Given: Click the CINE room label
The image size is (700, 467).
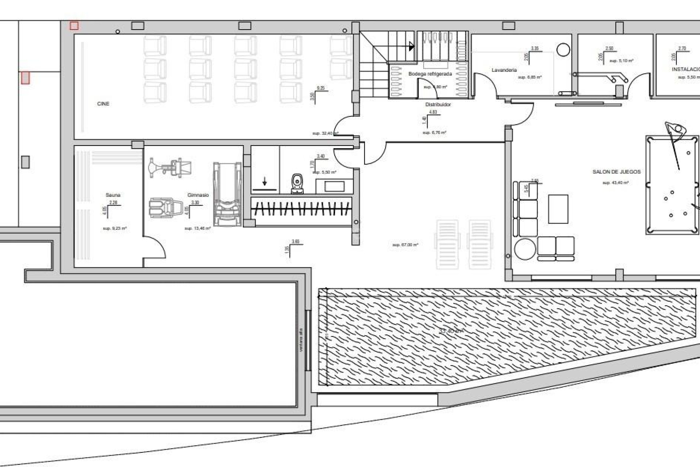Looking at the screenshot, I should pyautogui.click(x=103, y=104).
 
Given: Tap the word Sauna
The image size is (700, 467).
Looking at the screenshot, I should pyautogui.click(x=113, y=195).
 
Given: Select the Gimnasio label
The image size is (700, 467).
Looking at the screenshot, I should pyautogui.click(x=198, y=195).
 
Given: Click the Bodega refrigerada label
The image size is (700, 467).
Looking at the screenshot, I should pyautogui.click(x=430, y=74).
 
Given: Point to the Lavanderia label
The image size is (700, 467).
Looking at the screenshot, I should pyautogui.click(x=504, y=70).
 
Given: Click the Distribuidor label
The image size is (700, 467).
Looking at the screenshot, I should pyautogui.click(x=438, y=105).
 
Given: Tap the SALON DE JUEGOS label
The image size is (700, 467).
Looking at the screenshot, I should pyautogui.click(x=617, y=172).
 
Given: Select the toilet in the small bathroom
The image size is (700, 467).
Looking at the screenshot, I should pyautogui.click(x=297, y=184).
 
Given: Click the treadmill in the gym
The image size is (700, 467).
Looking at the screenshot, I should pyautogui.click(x=227, y=194).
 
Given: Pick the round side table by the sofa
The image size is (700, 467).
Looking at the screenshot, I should pyautogui.click(x=525, y=248).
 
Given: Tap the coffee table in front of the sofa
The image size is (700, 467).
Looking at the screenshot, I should pyautogui.click(x=558, y=209).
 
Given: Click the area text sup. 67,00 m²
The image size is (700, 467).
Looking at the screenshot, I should pyautogui.click(x=405, y=245).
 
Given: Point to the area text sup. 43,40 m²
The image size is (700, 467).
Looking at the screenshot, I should pyautogui.click(x=615, y=183).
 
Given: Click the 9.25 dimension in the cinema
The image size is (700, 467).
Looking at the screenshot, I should pyautogui.click(x=320, y=88).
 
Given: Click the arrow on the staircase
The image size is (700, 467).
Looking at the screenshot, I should pyautogui.click(x=412, y=46).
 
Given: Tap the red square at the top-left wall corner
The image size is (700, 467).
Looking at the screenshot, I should pyautogui.click(x=74, y=26).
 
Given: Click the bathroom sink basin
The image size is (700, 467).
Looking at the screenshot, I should pyautogui.click(x=334, y=186).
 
